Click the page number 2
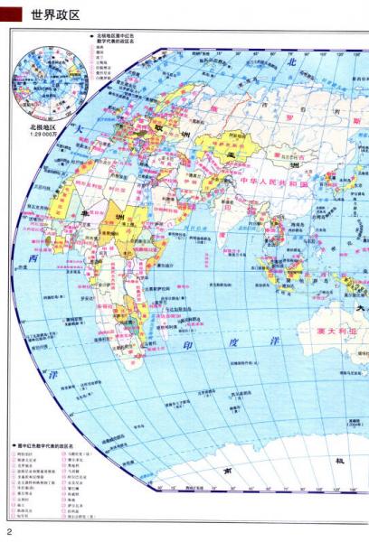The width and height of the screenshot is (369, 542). tap(9, 530)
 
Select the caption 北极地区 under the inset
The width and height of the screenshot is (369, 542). tap(44, 127)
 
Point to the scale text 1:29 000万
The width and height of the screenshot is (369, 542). tap(44, 135)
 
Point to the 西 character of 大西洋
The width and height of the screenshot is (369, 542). tap(33, 259)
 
